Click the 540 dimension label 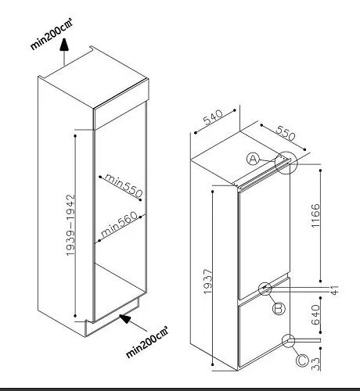click(x=213, y=117)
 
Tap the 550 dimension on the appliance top click(x=286, y=133)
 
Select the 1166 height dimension click(x=315, y=216)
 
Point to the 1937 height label click(x=208, y=282)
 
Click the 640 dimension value click(x=315, y=314)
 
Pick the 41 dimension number click(x=335, y=290)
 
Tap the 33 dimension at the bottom click(x=315, y=364)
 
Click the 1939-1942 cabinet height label click(x=70, y=225)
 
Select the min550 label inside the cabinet click(x=124, y=185)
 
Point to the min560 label click(x=119, y=224)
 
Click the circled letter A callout click(x=254, y=159)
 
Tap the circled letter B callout click(x=279, y=308)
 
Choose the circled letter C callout click(x=303, y=361)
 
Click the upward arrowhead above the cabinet click(x=64, y=45)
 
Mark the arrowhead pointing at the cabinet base click(x=125, y=318)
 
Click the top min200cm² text click(x=52, y=34)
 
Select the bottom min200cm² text click(x=147, y=342)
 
